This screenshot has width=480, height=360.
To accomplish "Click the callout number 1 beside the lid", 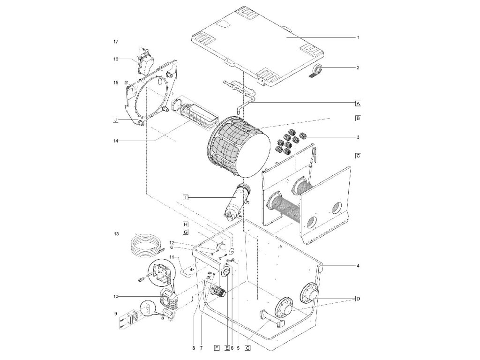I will (x=358, y=37).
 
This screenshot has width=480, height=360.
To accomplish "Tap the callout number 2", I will (x=358, y=68).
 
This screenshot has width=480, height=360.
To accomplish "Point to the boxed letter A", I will (x=358, y=103).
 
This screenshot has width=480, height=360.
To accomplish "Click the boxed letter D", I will (x=358, y=298).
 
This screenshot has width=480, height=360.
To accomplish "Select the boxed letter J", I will (x=115, y=120).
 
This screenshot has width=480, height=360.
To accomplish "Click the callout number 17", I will (x=115, y=42).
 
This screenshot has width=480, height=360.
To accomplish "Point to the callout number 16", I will (x=115, y=59).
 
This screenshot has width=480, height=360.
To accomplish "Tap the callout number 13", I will (x=115, y=233).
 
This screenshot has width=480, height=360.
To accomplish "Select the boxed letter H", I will (x=186, y=224).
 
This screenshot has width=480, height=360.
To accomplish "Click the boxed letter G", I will (x=186, y=232).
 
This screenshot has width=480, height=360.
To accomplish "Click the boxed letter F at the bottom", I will (x=216, y=347).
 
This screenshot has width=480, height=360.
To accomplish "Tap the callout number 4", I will (x=358, y=266).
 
